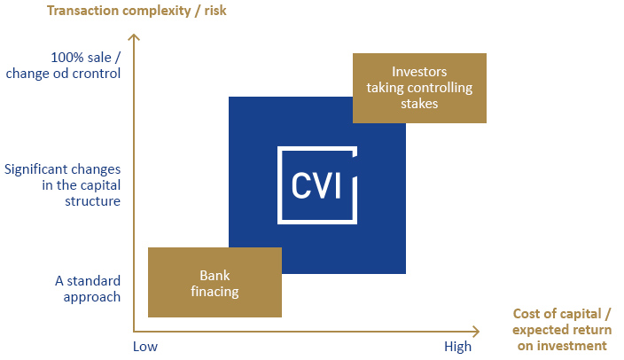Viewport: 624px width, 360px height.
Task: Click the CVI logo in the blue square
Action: (317, 185)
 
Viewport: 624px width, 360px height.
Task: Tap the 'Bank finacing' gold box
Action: (214, 282)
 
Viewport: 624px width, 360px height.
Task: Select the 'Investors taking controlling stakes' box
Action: (419, 88)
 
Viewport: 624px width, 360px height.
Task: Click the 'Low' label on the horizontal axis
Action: (145, 347)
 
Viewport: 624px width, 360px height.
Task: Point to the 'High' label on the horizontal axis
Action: (457, 347)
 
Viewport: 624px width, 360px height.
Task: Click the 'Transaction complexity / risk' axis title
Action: (136, 11)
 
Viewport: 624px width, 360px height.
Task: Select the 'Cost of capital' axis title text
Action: (562, 330)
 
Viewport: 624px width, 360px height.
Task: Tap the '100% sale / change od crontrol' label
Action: (63, 66)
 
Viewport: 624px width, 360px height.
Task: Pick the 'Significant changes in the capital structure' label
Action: (62, 185)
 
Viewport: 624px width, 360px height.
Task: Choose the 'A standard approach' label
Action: (88, 289)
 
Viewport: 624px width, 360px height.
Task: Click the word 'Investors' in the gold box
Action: (419, 72)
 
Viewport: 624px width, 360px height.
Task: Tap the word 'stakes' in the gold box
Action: (419, 104)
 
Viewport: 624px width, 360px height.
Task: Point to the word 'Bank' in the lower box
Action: (214, 276)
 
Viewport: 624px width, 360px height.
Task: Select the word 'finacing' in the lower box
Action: (214, 292)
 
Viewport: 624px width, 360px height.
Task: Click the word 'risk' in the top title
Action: (215, 11)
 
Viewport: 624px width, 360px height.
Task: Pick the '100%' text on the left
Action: (67, 58)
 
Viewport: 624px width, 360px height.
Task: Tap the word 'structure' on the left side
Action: (93, 201)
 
